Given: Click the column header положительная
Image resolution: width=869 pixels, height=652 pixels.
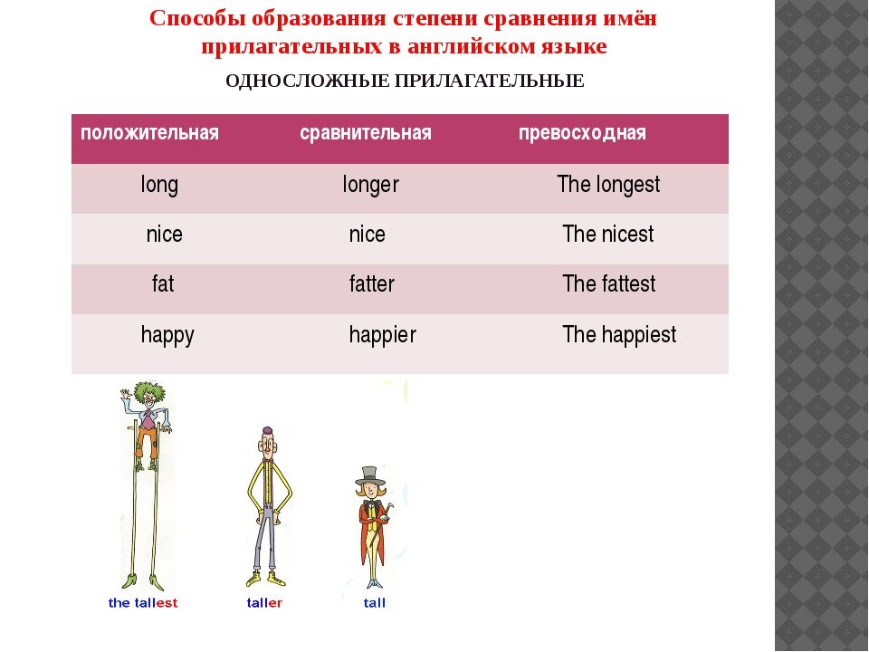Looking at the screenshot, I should [149, 134].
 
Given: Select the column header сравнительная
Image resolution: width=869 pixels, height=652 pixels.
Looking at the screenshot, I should [366, 134].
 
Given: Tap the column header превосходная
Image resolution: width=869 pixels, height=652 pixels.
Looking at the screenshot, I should [582, 134].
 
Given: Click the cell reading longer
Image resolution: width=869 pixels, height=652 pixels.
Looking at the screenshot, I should [370, 186].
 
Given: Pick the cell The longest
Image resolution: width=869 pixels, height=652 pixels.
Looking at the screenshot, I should [608, 186].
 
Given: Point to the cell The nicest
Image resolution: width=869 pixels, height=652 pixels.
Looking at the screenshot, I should [607, 235].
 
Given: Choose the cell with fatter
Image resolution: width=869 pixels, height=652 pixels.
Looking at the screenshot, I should [371, 284].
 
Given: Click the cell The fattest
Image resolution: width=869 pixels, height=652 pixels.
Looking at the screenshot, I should [608, 284].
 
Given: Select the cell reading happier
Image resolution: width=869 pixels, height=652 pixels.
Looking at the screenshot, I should [382, 335].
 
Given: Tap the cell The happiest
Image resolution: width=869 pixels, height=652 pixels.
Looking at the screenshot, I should [619, 335].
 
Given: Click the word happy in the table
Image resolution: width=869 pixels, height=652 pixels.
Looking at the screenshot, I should [167, 335].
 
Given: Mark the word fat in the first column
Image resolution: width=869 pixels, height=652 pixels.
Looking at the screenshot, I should [163, 284].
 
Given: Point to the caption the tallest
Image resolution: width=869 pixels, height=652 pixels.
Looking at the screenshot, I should [143, 603].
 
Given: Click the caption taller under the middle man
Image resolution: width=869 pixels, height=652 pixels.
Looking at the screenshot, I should [264, 603].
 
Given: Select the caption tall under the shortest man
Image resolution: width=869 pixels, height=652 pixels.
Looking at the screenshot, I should [374, 603].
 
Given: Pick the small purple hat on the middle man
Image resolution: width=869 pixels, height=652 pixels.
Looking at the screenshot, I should [266, 431].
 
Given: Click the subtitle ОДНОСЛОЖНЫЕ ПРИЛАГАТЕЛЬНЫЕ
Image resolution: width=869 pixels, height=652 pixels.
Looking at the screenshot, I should [405, 82].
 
